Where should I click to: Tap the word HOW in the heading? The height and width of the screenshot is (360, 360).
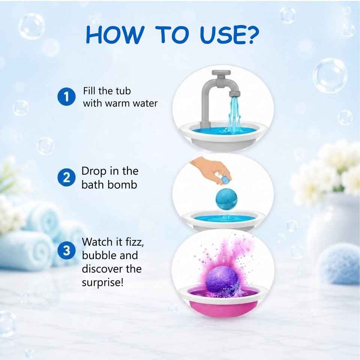point(115,34)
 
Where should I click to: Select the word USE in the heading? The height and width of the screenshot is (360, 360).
point(221,34)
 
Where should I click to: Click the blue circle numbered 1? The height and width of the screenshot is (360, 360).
point(66,96)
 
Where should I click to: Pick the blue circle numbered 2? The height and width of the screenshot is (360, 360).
point(66,177)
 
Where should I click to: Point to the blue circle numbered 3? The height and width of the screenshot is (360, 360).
point(66,250)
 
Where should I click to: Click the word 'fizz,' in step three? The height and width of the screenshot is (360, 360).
point(135,242)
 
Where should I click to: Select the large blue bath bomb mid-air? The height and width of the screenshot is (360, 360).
point(226,199)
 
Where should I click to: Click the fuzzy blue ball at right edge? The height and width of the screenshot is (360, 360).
point(339,263)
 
